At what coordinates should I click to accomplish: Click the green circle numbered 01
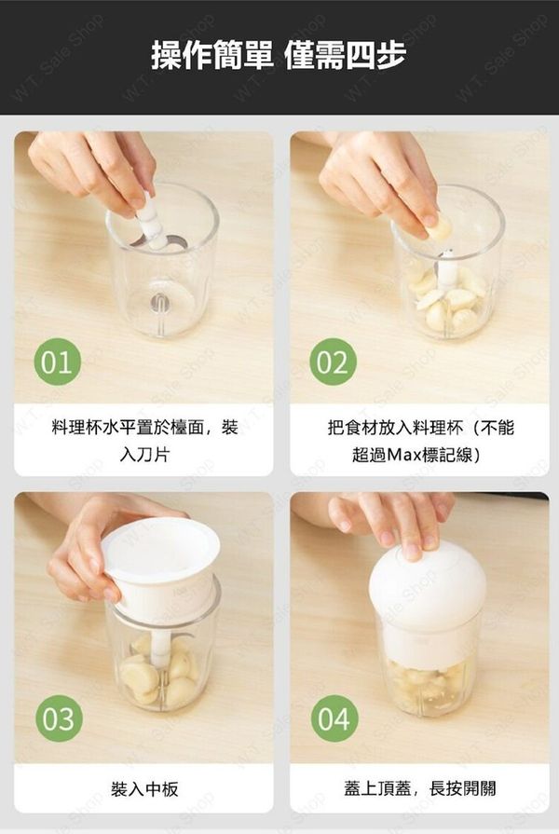point(58,362)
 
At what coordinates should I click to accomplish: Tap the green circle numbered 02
point(333,362)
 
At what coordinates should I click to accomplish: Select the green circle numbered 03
point(59,718)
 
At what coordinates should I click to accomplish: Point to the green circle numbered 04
point(334,718)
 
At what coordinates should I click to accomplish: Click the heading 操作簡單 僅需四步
point(279,55)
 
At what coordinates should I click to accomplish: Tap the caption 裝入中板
point(144,788)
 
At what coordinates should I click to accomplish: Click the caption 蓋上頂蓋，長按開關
point(419,788)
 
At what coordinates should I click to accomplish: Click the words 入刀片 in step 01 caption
point(144,455)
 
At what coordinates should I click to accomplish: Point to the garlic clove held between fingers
point(438,227)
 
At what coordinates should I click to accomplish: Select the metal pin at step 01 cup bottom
point(158,304)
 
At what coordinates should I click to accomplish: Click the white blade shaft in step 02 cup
point(445,270)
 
